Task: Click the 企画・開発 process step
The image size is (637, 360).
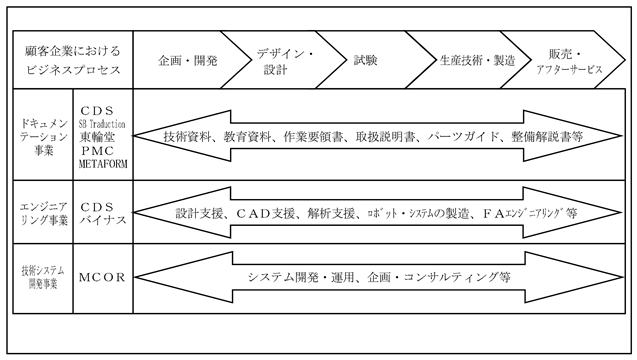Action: click(188, 61)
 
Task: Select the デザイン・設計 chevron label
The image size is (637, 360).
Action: click(285, 61)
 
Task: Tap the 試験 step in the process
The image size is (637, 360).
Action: click(366, 60)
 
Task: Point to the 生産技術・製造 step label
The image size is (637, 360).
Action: click(477, 61)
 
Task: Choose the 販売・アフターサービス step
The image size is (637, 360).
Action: click(569, 61)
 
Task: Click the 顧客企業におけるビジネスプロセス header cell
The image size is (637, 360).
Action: click(73, 60)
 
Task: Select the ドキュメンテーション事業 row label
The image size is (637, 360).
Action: click(43, 137)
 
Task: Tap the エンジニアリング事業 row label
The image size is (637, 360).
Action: click(43, 213)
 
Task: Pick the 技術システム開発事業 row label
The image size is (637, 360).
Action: click(43, 277)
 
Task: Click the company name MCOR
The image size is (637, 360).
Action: click(102, 278)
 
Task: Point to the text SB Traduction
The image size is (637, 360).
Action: click(102, 124)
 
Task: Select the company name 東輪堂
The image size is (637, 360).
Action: click(97, 137)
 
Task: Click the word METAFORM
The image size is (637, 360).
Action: click(103, 164)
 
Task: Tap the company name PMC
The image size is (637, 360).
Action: click(98, 151)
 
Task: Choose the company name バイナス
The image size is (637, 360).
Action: click(103, 220)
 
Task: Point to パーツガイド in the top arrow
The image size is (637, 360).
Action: click(463, 137)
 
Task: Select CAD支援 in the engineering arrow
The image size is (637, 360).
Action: click(265, 213)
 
